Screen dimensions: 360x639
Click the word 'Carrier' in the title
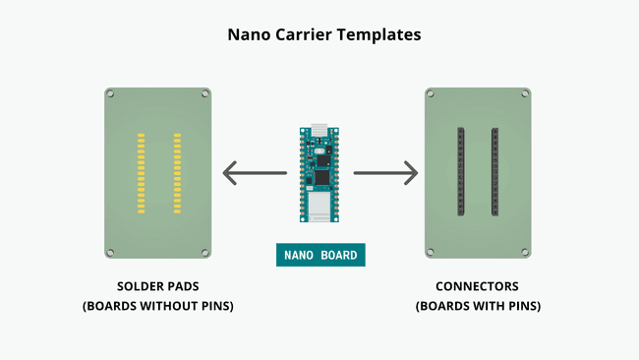point(320,34)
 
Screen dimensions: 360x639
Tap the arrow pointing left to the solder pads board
point(255,174)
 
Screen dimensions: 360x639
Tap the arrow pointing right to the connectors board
point(385,174)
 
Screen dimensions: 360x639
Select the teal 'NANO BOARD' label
point(320,255)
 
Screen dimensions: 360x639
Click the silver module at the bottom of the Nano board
point(319,208)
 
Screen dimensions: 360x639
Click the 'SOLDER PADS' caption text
point(157,287)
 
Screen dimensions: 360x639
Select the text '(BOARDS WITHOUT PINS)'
point(157,306)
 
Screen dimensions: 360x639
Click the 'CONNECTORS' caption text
point(478,287)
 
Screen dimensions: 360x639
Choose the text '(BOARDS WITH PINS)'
point(478,306)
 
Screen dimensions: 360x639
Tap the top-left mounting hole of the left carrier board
point(111,94)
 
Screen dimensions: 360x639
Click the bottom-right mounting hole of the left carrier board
point(205,251)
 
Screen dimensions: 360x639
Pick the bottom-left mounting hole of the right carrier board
point(432,251)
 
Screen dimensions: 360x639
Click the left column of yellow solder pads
point(142,173)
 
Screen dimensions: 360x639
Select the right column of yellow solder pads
point(177,173)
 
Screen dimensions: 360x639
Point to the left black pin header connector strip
point(460,173)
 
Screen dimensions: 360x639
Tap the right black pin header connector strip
point(495,173)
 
